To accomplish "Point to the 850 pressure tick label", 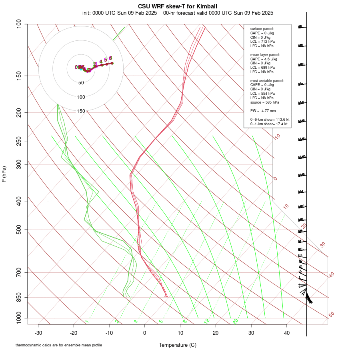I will pos(19,297).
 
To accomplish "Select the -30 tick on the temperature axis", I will pos(38,333).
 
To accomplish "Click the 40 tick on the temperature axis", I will pos(286,333).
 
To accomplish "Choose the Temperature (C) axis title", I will pos(178,345).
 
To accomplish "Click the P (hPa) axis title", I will pos(4,174).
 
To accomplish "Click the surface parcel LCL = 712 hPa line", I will pos(262,42).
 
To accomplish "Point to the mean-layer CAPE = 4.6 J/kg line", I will pos(264,59).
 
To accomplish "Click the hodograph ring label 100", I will pos(81,97).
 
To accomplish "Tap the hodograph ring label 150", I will pos(81,111).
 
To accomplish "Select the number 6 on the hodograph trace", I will pos(110,58).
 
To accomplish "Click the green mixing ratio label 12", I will pos(207,321).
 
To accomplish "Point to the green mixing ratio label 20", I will pos(236,321).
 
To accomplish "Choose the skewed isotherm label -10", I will pos(276,137).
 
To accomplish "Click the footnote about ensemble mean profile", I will pos(59,345).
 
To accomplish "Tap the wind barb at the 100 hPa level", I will pos(302,27).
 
